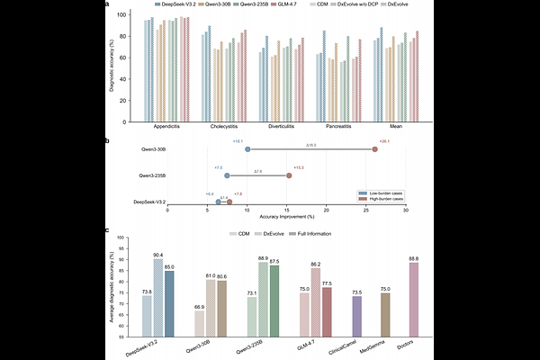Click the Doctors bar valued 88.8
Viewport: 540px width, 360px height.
pyautogui.click(x=413, y=297)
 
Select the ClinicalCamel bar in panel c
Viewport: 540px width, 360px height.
pyautogui.click(x=357, y=315)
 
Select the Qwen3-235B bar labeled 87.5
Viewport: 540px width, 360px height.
pyautogui.click(x=274, y=298)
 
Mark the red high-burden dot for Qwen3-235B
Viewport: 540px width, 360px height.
pyautogui.click(x=289, y=175)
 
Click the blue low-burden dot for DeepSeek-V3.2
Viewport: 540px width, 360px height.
pyautogui.click(x=219, y=202)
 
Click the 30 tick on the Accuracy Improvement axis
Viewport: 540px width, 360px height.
pyautogui.click(x=406, y=211)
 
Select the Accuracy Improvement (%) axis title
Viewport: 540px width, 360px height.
pyautogui.click(x=287, y=218)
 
